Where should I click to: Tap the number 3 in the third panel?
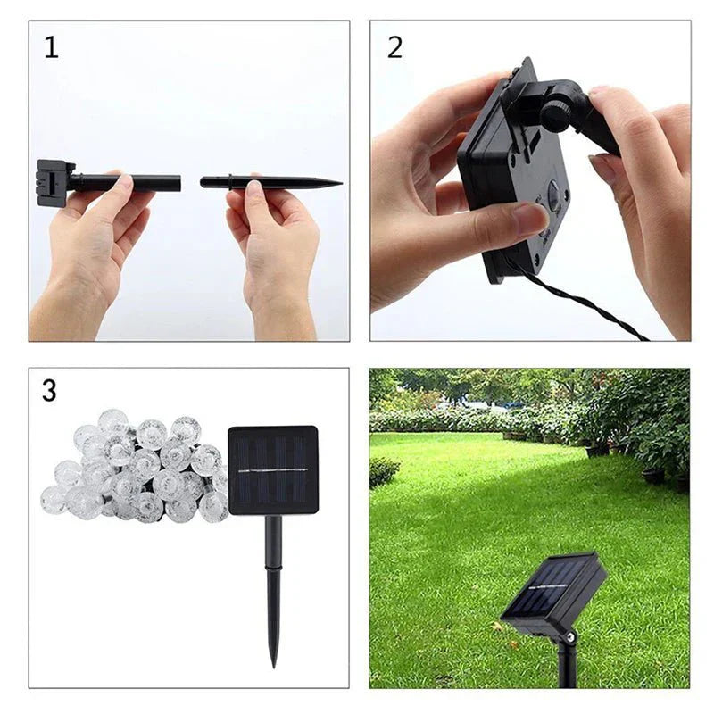coord(50,390)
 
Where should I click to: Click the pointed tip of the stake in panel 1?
coord(337,183)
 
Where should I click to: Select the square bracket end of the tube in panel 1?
coord(52,182)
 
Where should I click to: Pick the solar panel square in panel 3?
coord(273,469)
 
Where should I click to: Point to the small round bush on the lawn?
coord(384,471)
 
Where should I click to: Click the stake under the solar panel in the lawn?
coord(565,660)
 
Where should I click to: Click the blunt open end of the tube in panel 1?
coord(178,183)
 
